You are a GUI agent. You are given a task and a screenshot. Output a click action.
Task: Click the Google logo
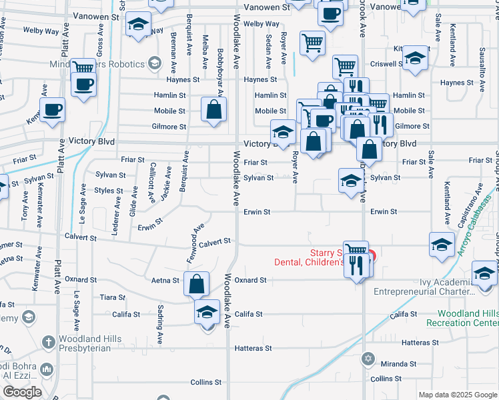pyautogui.click(x=21, y=392)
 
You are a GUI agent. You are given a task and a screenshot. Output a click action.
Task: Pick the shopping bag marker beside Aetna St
pyautogui.click(x=197, y=284)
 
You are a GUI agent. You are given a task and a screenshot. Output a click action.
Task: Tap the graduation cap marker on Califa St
pyautogui.click(x=207, y=312)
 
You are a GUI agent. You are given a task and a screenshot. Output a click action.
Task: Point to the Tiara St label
pyautogui.click(x=111, y=297)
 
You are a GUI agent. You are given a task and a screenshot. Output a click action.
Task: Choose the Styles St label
pyautogui.click(x=109, y=191)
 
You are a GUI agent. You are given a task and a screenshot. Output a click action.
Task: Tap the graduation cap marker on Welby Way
pyautogui.click(x=138, y=25)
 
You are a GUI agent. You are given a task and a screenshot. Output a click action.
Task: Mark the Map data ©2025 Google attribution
pyautogui.click(x=457, y=395)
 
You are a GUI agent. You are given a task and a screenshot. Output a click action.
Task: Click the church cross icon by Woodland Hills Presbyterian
pyautogui.click(x=48, y=343)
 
